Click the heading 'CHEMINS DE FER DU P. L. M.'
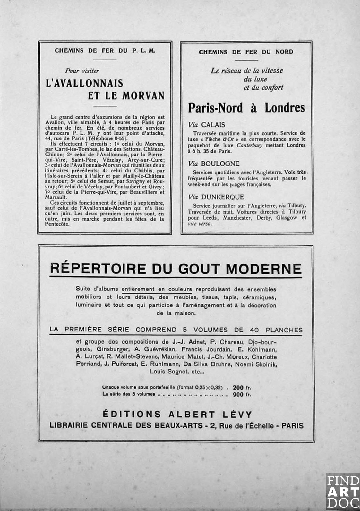pos(105,51)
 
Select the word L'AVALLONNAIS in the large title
pos(85,83)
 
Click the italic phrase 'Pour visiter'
pos(82,71)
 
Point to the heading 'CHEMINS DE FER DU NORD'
pos(246,52)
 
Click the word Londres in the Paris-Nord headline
pos(285,108)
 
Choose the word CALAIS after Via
pos(213,125)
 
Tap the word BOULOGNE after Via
pos(220,164)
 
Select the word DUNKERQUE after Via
pos(223,197)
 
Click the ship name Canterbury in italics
pos(250,145)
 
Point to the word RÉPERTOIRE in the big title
pos(98,269)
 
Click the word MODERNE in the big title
pos(264,269)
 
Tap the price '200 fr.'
pos(242,388)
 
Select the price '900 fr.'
pos(242,394)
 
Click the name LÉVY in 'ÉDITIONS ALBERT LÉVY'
pos(236,414)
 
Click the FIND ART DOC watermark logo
pos(343,492)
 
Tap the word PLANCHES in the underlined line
pos(284,330)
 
